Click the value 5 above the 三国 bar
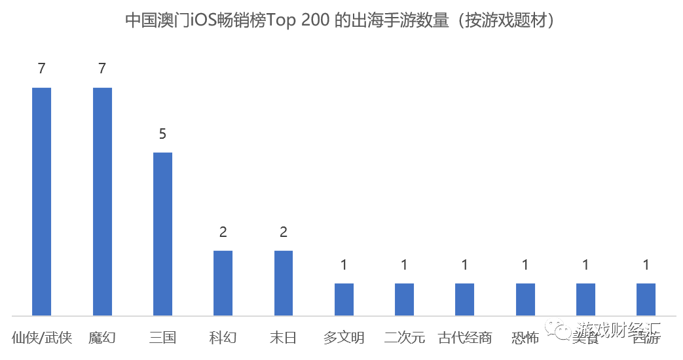pos(162,134)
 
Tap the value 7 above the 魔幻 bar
pos(102,69)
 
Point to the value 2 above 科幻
pos(223,232)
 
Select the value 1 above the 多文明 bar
pos(344,265)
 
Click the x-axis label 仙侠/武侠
pos(42,338)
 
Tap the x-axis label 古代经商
pos(464,338)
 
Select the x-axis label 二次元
pos(404,338)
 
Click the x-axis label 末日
pos(284,338)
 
